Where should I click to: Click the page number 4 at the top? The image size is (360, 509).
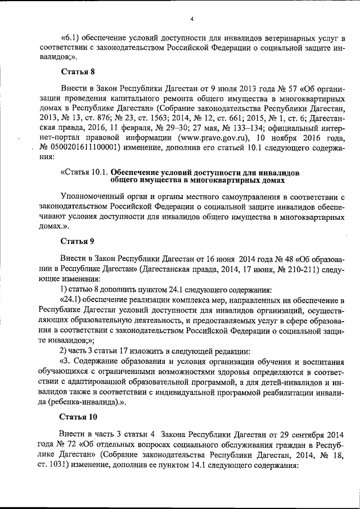(191, 19)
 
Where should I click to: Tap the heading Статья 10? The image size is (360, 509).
(79, 417)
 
